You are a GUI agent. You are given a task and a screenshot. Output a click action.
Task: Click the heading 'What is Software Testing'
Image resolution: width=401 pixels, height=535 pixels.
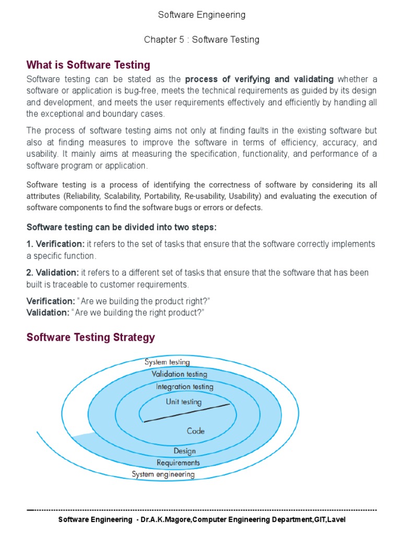pos(88,65)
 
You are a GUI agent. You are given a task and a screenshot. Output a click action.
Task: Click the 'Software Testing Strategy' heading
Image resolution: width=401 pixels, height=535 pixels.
pos(91,337)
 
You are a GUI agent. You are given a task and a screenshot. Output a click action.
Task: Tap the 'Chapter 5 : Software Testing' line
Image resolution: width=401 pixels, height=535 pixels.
pos(202,40)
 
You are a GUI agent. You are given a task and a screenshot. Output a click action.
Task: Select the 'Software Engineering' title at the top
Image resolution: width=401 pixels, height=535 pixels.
pos(202,15)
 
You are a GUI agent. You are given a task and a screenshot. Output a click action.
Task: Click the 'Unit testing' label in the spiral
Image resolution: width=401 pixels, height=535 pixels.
pos(183,402)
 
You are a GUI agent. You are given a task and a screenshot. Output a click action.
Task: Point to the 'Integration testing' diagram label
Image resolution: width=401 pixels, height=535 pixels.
pos(184,387)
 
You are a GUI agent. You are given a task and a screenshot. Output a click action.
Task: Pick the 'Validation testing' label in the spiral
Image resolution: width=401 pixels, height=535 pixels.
pos(179,374)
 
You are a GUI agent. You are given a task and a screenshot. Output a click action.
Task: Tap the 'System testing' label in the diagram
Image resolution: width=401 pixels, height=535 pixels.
pos(167,362)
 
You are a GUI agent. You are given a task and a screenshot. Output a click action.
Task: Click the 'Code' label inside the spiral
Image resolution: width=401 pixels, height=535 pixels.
pos(195,431)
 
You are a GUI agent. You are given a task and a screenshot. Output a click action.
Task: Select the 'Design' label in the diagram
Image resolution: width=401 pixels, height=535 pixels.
pos(184,451)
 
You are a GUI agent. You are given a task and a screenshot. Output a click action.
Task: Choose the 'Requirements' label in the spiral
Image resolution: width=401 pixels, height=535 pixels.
pos(178,462)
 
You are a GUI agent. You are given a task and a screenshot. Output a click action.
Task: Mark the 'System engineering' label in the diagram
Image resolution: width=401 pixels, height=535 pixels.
pos(163,474)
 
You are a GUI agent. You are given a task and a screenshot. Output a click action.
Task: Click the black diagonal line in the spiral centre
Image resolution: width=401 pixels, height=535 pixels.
pos(186,413)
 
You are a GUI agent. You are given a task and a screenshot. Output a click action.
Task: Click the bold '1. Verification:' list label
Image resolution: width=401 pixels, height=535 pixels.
pos(55,245)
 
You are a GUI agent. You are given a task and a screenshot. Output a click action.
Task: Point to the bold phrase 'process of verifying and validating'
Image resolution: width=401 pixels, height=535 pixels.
pos(260,79)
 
